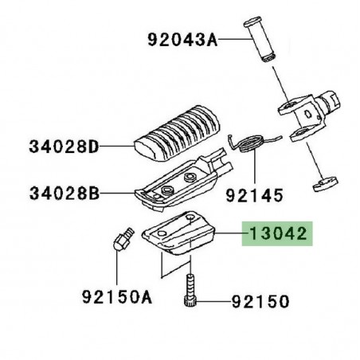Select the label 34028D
(64, 147)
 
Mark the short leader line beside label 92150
(210, 302)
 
